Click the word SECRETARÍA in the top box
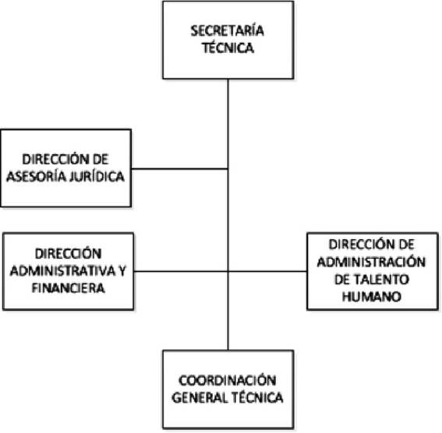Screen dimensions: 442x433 (x=227, y=30)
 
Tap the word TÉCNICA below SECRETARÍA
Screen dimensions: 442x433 (x=228, y=48)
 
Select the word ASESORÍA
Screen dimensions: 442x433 (x=37, y=177)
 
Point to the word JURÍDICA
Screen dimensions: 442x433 (x=97, y=177)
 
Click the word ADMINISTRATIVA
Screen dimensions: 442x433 (x=62, y=271)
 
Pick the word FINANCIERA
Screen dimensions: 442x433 (x=69, y=288)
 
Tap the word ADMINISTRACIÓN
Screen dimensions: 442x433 (x=371, y=262)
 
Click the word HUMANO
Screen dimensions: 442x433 (x=372, y=297)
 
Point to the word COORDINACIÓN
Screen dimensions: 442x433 (x=228, y=381)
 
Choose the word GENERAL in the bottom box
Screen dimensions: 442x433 (x=200, y=398)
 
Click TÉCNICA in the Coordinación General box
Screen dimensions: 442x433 (x=257, y=398)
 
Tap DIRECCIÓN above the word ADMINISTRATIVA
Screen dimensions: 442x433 (x=69, y=254)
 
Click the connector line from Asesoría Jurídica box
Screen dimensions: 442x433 (x=179, y=169)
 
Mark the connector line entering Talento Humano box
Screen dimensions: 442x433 (x=267, y=271)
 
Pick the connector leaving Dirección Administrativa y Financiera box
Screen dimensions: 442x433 (x=181, y=271)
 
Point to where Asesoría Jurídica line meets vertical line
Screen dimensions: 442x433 (x=228, y=169)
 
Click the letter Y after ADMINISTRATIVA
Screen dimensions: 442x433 (x=122, y=271)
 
